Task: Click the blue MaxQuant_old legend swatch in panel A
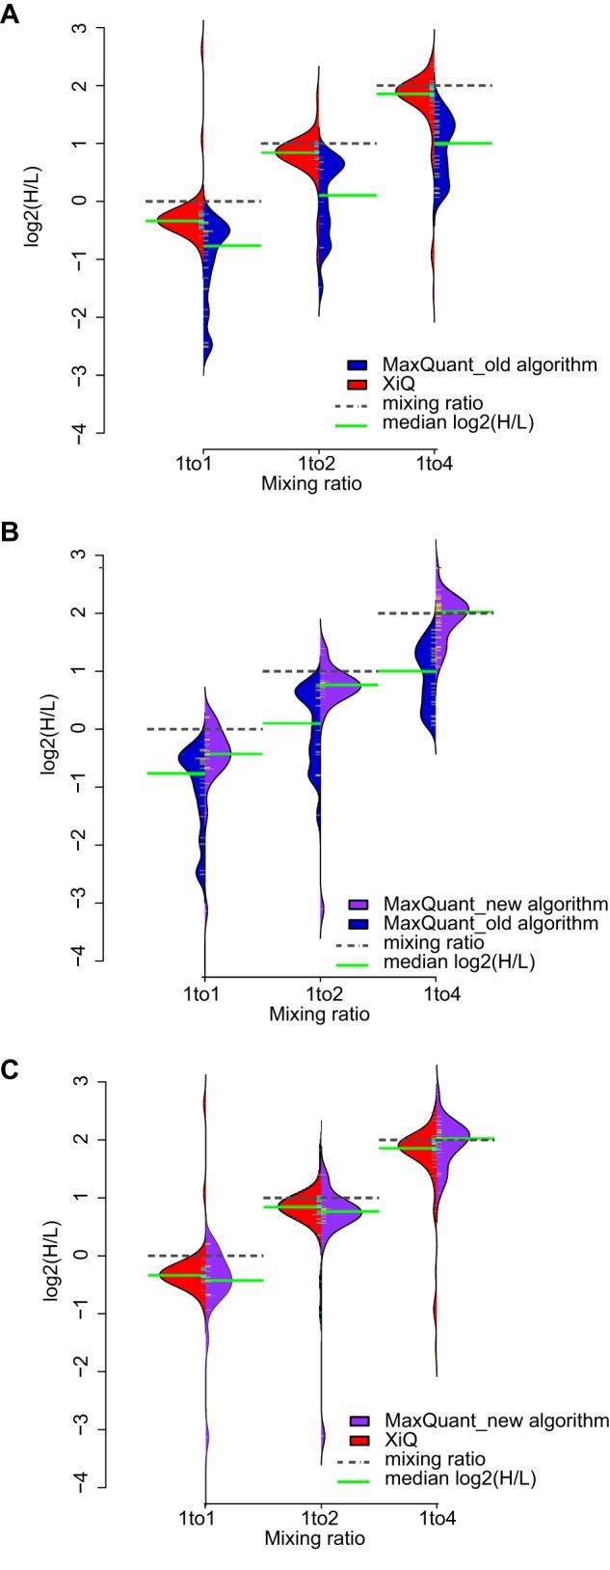click(x=358, y=365)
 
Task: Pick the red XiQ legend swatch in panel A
click(x=358, y=385)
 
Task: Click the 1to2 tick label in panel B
click(x=319, y=992)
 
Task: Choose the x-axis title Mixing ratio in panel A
click(x=311, y=484)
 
